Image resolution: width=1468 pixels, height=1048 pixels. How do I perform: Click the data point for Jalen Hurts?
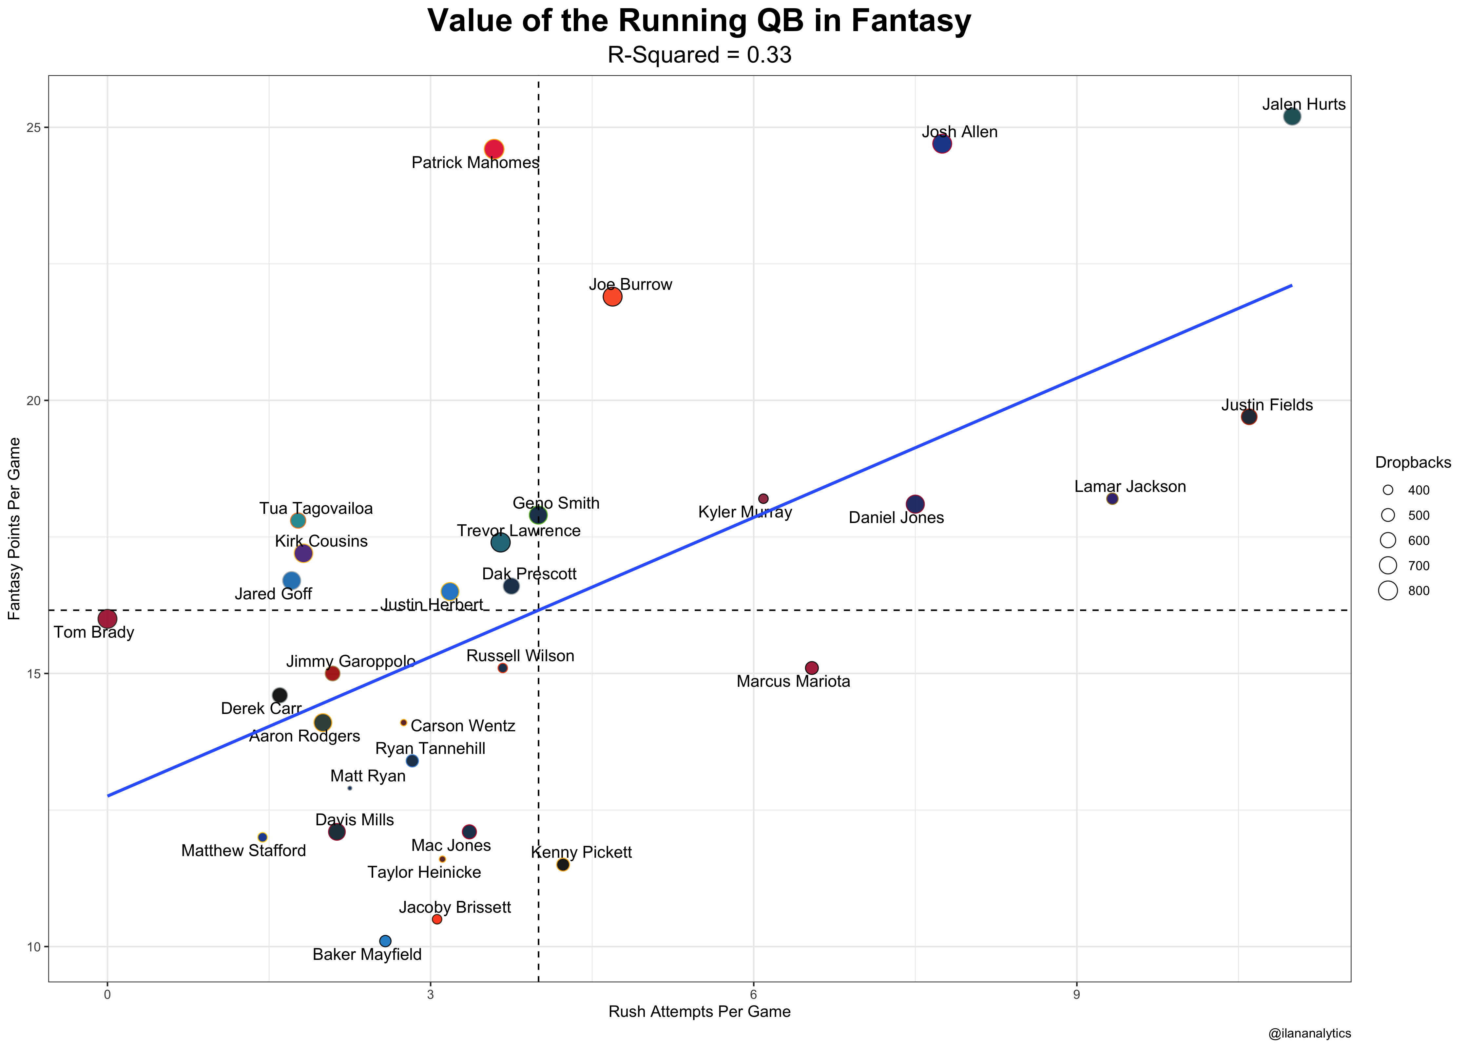[1292, 117]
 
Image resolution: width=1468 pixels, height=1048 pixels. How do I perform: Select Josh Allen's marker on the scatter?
[942, 144]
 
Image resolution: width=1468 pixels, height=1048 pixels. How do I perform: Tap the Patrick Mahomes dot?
[494, 149]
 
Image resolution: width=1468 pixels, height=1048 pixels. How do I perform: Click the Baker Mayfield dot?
[385, 941]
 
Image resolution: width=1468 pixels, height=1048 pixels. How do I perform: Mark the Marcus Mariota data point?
[812, 668]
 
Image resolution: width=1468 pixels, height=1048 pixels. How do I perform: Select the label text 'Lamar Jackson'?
[1130, 487]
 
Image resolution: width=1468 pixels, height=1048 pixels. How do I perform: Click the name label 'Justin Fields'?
[1266, 405]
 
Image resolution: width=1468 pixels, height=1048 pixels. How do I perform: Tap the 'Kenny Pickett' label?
[581, 852]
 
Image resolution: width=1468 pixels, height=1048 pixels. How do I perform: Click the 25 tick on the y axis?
[33, 128]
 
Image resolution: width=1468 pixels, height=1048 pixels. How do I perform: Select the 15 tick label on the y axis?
[33, 674]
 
